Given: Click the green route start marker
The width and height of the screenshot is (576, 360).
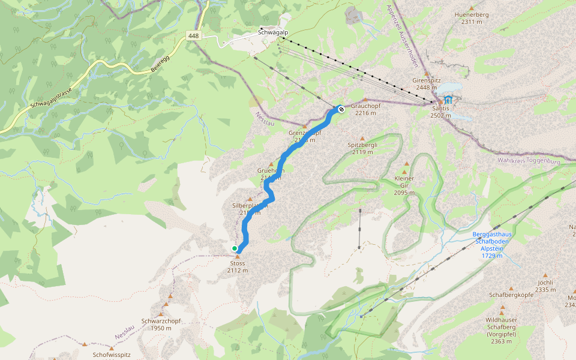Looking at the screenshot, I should coord(235,248).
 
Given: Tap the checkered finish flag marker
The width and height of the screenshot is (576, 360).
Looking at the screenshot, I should coord(340,109).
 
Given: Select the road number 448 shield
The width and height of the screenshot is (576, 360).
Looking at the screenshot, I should coord(193,36).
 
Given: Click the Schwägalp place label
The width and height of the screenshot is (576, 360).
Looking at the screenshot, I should coord(271,31).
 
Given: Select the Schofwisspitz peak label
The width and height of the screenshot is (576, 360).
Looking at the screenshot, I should coord(112,355).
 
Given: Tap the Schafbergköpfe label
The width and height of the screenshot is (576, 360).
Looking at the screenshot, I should coord(511,295).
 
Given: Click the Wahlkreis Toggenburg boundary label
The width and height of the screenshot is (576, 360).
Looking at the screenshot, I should coord(529,161).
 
